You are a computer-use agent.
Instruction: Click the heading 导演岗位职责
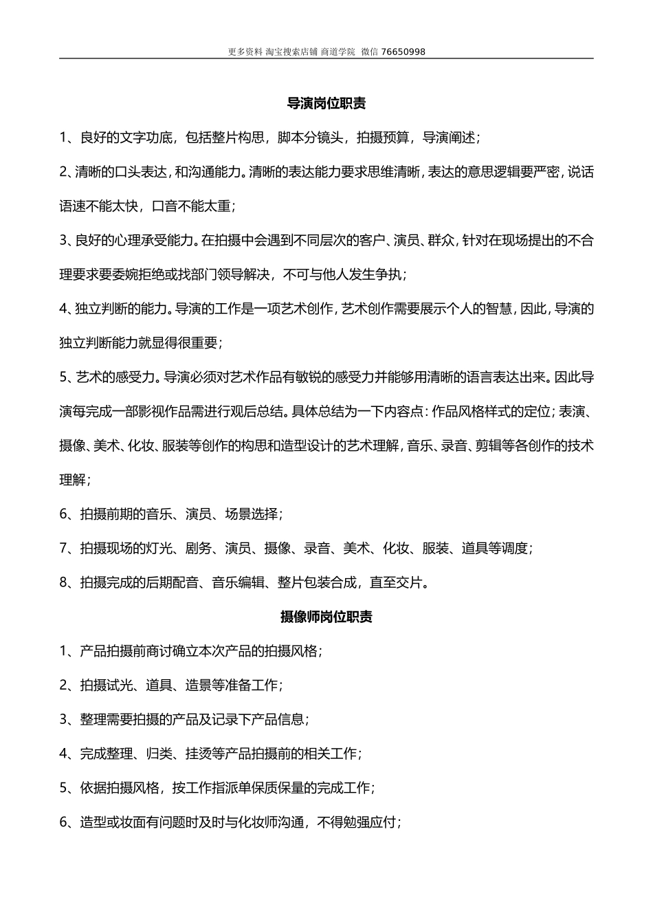[x=326, y=104]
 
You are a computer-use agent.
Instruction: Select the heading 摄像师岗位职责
[x=326, y=617]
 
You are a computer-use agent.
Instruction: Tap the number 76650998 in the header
[x=403, y=52]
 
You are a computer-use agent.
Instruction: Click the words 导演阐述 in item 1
[x=448, y=137]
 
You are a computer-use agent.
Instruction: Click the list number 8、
[x=67, y=583]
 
